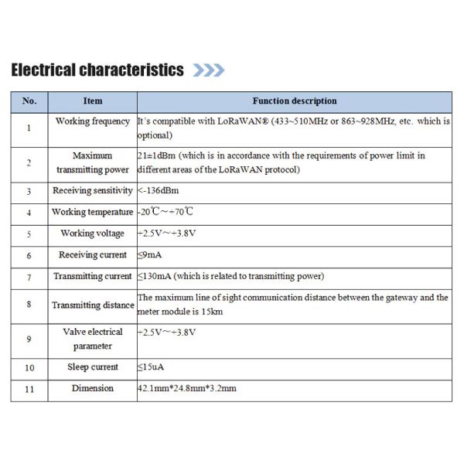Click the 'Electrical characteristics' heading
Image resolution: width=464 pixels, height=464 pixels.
pyautogui.click(x=97, y=70)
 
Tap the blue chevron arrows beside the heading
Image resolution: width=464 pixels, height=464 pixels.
pyautogui.click(x=208, y=70)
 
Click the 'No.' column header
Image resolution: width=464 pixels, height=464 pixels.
pyautogui.click(x=29, y=101)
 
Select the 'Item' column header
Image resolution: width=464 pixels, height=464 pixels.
pyautogui.click(x=92, y=101)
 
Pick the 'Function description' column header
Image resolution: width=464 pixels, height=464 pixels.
pyautogui.click(x=295, y=101)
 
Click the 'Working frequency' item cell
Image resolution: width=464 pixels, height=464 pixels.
pyautogui.click(x=92, y=121)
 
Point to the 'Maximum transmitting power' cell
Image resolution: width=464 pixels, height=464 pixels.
pyautogui.click(x=92, y=162)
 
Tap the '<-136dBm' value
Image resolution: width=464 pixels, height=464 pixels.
pyautogui.click(x=162, y=190)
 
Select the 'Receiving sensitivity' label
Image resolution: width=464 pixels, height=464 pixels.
pyautogui.click(x=92, y=190)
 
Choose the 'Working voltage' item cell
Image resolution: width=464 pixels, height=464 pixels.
pyautogui.click(x=92, y=234)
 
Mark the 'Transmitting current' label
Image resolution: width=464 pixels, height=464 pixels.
pyautogui.click(x=92, y=276)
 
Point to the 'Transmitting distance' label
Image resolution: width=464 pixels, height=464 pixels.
pyautogui.click(x=92, y=305)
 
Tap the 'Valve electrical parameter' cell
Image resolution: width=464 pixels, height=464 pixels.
pyautogui.click(x=92, y=339)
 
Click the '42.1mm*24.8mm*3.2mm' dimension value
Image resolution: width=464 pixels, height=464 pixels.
pyautogui.click(x=186, y=388)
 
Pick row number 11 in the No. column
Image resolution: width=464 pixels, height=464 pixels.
pyautogui.click(x=29, y=389)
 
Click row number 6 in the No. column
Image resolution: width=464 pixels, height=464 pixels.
pyautogui.click(x=29, y=255)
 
